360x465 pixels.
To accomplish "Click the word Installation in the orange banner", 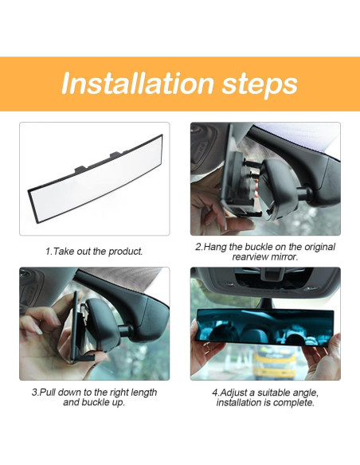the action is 138,83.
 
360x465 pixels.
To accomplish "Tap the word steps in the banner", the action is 260,85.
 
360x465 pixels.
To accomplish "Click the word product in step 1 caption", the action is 125,252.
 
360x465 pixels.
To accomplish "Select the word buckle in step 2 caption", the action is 258,247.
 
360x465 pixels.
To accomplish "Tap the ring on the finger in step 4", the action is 208,346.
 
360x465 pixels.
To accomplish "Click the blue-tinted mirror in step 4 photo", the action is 264,326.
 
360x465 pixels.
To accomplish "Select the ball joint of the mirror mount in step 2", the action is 304,193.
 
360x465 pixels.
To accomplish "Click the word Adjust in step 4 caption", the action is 233,393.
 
